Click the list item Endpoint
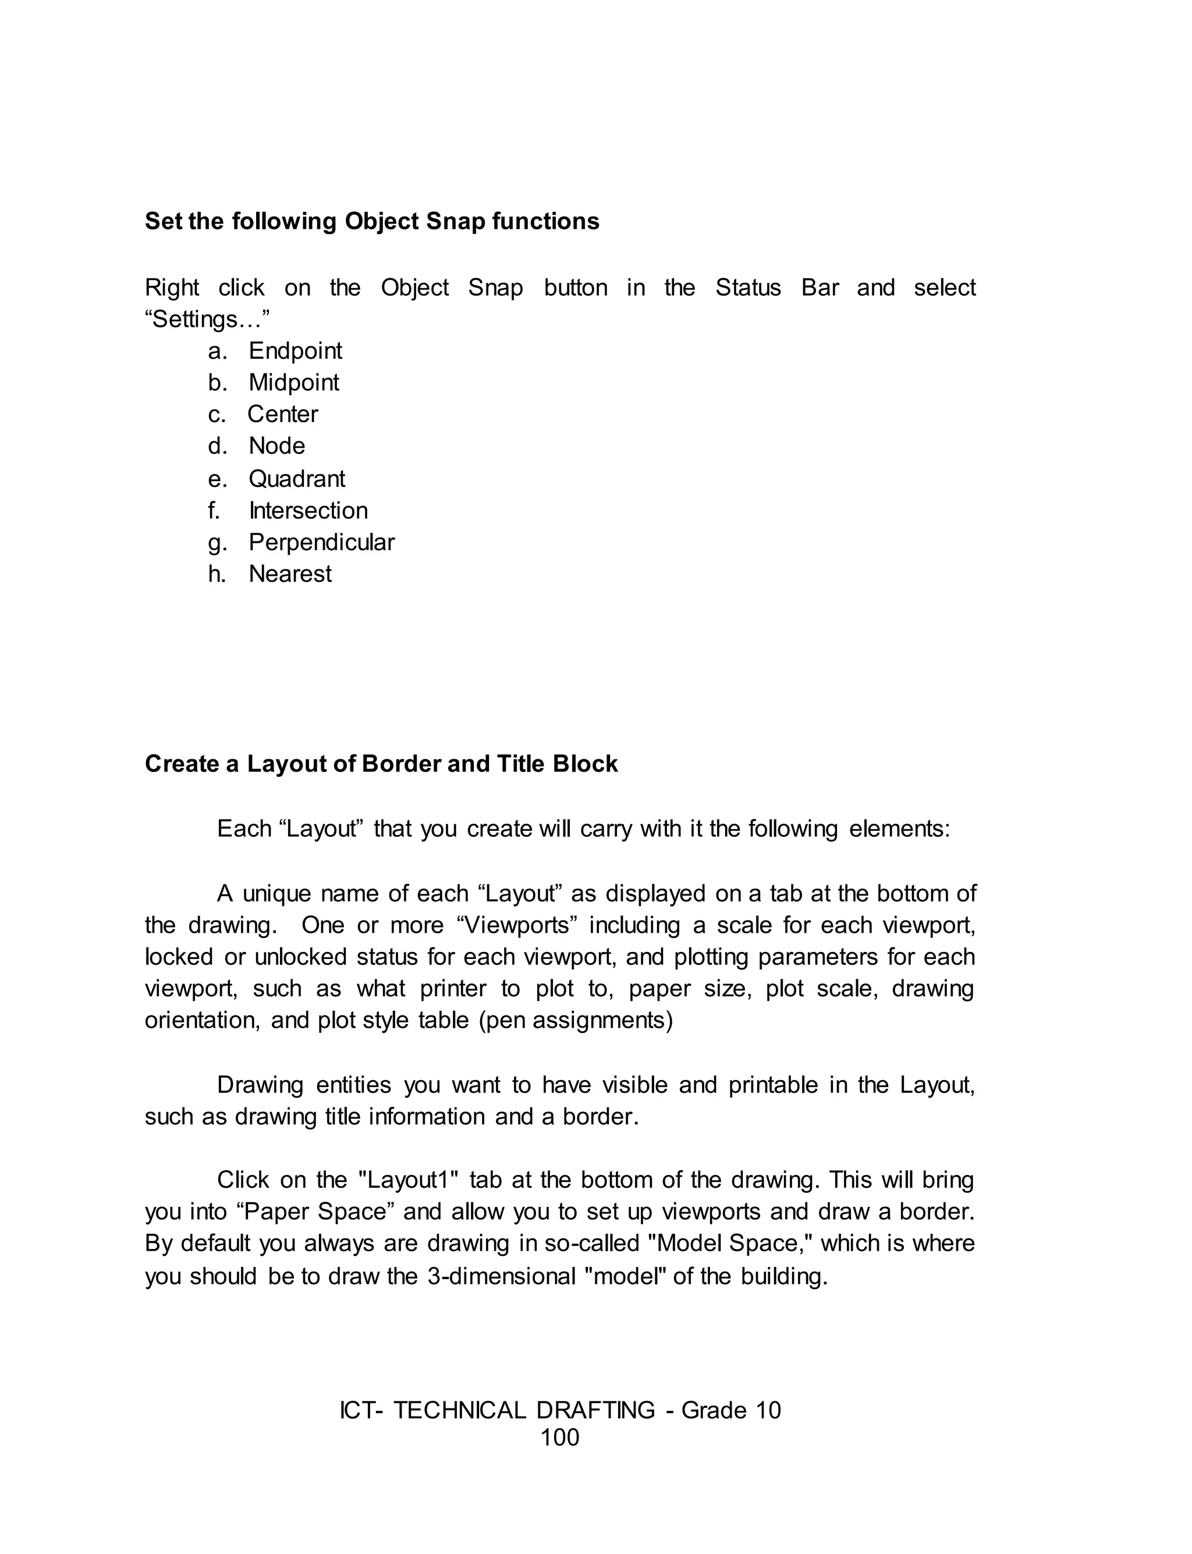pos(295,351)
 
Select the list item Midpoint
pos(294,383)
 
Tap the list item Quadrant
pos(297,479)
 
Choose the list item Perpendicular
pos(321,542)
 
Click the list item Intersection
pos(308,511)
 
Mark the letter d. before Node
pos(217,447)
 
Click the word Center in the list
pos(282,415)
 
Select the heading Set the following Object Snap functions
pos(372,221)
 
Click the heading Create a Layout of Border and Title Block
pos(381,764)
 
